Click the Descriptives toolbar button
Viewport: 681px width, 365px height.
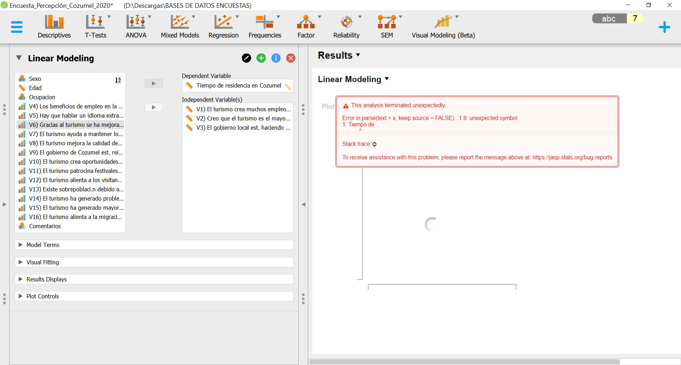click(54, 26)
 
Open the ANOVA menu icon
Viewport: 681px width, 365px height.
click(136, 26)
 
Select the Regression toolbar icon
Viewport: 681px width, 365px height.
click(223, 26)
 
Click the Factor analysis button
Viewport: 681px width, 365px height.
click(306, 26)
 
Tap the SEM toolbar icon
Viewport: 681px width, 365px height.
click(387, 26)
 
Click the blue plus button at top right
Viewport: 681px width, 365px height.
click(664, 27)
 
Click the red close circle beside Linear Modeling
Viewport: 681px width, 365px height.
click(291, 58)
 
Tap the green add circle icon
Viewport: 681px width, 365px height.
click(261, 58)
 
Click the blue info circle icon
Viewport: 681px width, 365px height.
click(276, 58)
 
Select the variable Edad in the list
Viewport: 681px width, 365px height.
click(35, 88)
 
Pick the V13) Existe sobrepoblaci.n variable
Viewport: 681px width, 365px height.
click(76, 189)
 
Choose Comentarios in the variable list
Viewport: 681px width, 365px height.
click(45, 226)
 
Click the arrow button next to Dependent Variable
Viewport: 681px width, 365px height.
click(154, 84)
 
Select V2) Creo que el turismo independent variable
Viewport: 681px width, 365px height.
click(243, 118)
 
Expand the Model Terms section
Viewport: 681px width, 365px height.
click(43, 245)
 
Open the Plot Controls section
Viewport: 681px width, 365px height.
click(43, 296)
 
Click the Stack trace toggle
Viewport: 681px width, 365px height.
click(359, 144)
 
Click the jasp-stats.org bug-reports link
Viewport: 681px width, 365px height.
click(572, 157)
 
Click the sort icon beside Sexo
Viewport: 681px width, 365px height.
click(118, 80)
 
